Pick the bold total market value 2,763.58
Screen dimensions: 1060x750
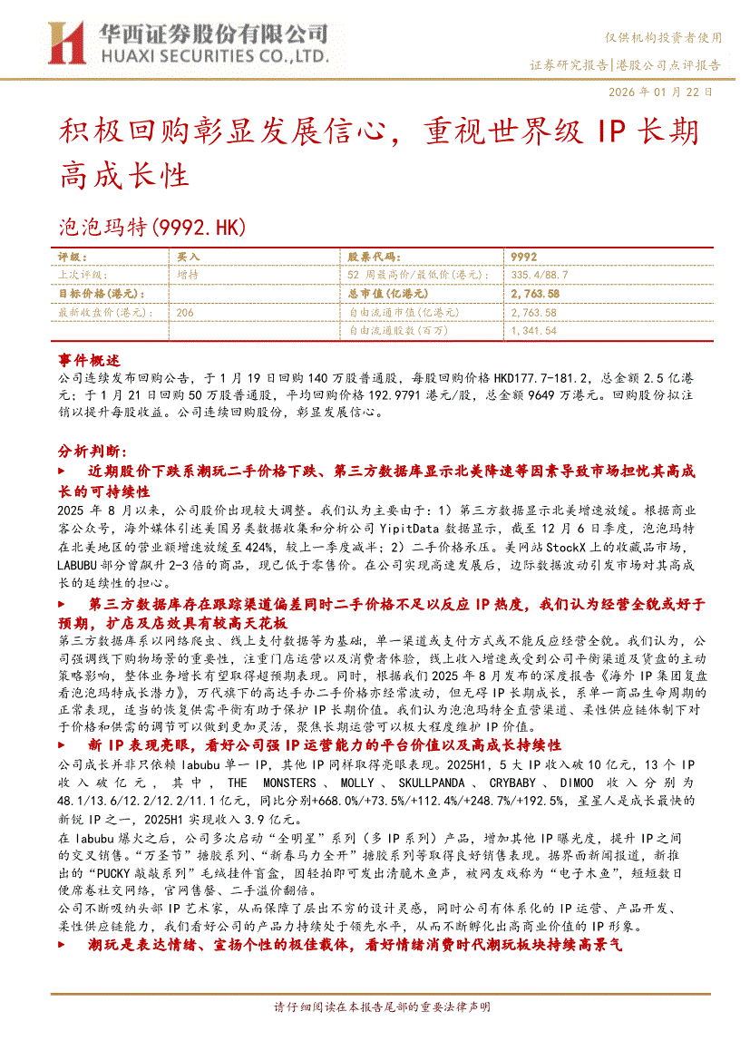pos(535,294)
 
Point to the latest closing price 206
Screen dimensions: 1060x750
pos(186,312)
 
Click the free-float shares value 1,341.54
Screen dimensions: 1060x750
pos(533,331)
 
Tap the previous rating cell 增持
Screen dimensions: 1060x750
pos(188,275)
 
